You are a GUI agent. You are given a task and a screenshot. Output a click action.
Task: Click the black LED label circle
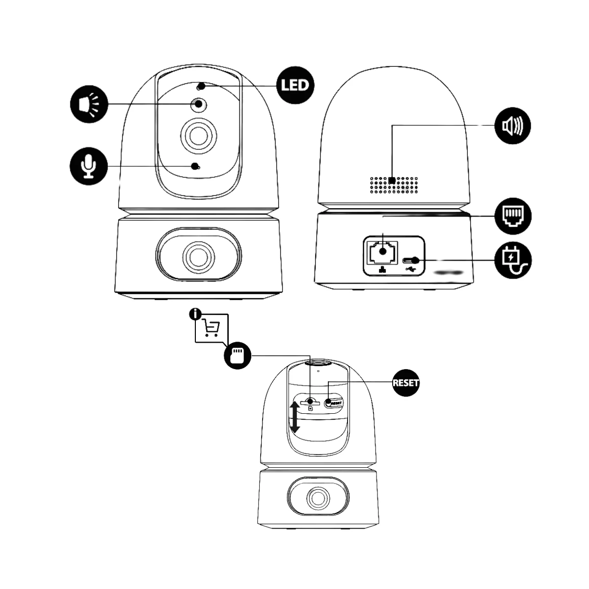[x=295, y=85]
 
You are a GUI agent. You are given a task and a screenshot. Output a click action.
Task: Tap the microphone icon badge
[x=89, y=166]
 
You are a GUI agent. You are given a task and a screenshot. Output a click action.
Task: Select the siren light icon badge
[x=89, y=104]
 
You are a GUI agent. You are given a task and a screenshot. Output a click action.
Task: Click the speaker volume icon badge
[x=512, y=125]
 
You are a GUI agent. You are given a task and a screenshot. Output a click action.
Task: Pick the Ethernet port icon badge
[x=513, y=216]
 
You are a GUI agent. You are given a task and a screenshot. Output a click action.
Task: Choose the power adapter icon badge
[x=513, y=261]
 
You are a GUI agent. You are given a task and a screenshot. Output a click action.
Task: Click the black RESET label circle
[x=405, y=383]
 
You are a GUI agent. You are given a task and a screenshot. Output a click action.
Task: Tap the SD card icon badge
[x=238, y=355]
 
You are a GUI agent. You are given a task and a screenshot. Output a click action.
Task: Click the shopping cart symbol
[x=211, y=328]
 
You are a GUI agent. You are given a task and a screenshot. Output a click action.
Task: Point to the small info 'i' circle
[x=195, y=314]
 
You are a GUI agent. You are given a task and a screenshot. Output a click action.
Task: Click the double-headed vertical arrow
[x=294, y=417]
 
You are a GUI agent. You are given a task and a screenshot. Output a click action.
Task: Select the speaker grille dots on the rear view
[x=394, y=185]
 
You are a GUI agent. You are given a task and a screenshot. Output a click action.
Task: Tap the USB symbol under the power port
[x=410, y=269]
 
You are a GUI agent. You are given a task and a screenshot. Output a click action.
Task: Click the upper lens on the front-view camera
[x=198, y=136]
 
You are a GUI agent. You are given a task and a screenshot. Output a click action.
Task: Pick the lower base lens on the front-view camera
[x=198, y=257]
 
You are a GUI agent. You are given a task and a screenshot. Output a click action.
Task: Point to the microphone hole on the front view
[x=195, y=166]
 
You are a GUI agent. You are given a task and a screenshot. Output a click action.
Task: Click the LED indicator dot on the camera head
[x=201, y=87]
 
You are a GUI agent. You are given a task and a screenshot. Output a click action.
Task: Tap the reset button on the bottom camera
[x=328, y=403]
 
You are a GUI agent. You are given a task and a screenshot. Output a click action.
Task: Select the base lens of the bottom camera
[x=318, y=499]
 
